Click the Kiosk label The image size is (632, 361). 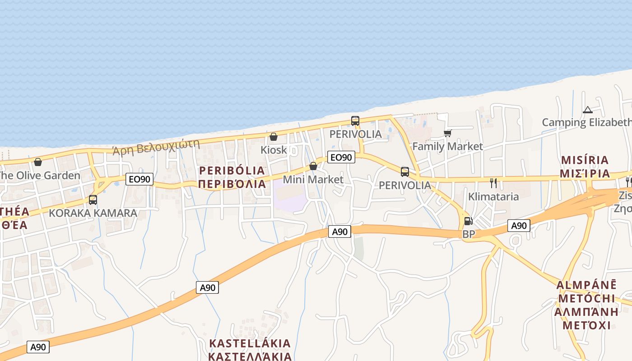click(x=274, y=149)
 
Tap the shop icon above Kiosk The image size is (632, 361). click(x=274, y=137)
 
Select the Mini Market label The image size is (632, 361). click(x=313, y=179)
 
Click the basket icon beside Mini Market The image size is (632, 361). click(x=313, y=167)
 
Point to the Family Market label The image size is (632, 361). click(x=447, y=146)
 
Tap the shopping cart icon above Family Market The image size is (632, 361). click(x=447, y=133)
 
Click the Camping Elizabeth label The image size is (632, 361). click(x=586, y=122)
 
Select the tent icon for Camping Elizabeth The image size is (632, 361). click(x=587, y=110)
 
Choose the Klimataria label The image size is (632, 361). click(x=493, y=196)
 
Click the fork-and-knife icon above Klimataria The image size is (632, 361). click(x=493, y=183)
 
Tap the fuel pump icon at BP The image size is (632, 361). click(x=468, y=221)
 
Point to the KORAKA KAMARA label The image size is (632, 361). click(x=93, y=213)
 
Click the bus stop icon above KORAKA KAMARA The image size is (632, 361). click(x=93, y=199)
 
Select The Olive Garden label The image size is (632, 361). click(x=39, y=175)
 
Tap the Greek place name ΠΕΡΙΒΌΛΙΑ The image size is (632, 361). click(x=232, y=184)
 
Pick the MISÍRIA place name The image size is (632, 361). click(x=585, y=160)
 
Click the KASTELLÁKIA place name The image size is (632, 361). click(x=250, y=343)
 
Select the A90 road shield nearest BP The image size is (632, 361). click(x=519, y=226)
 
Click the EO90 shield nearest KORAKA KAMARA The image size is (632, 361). click(x=139, y=179)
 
